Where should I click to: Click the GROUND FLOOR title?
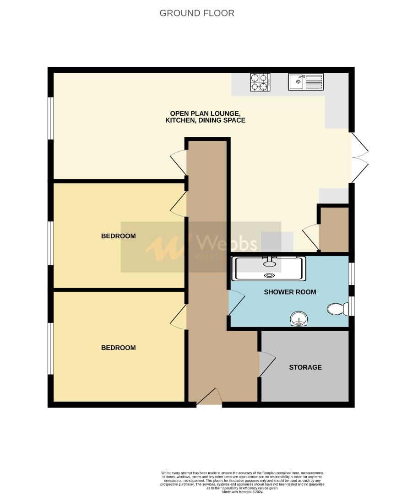pyautogui.click(x=197, y=13)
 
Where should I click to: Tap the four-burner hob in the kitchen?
pyautogui.click(x=260, y=82)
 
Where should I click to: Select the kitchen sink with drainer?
pyautogui.click(x=305, y=82)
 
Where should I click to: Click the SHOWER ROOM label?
pyautogui.click(x=290, y=292)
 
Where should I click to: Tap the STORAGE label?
pyautogui.click(x=305, y=367)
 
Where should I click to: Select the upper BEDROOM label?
pyautogui.click(x=118, y=236)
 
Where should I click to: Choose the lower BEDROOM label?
pyautogui.click(x=118, y=348)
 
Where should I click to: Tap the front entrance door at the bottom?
pyautogui.click(x=209, y=397)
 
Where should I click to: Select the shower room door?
pyautogui.click(x=236, y=303)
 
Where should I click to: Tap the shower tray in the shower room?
pyautogui.click(x=269, y=268)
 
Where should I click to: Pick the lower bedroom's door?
pyautogui.click(x=179, y=316)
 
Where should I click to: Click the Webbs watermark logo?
pyautogui.click(x=201, y=247)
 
